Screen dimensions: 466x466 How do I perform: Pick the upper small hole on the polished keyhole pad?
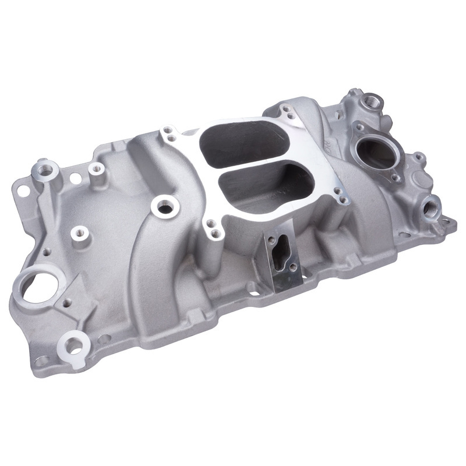[270, 239]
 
